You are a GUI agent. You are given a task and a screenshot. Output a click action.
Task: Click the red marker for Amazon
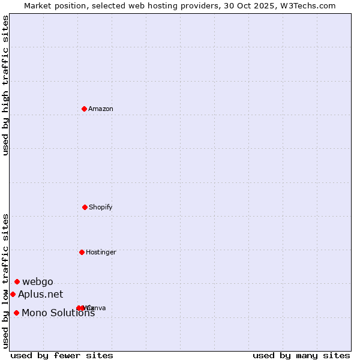pyautogui.click(x=84, y=109)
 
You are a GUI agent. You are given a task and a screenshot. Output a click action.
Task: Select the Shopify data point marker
pyautogui.click(x=85, y=207)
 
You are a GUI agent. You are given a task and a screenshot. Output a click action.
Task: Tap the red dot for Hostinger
pyautogui.click(x=82, y=252)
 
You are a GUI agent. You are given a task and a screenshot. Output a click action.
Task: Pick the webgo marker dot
pyautogui.click(x=17, y=281)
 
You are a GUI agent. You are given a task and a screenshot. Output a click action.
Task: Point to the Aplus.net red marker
pyautogui.click(x=13, y=294)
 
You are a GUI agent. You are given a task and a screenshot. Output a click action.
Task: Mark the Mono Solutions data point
pyautogui.click(x=16, y=313)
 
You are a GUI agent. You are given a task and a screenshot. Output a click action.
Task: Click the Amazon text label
pyautogui.click(x=101, y=109)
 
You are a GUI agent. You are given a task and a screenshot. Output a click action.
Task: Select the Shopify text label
pyautogui.click(x=101, y=208)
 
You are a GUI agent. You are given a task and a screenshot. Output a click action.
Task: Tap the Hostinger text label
pyautogui.click(x=101, y=253)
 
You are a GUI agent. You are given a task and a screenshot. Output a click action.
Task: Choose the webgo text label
pyautogui.click(x=38, y=282)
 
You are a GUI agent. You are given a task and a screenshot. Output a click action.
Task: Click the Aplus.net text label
pyautogui.click(x=40, y=294)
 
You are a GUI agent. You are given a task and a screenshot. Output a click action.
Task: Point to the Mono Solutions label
pyautogui.click(x=58, y=313)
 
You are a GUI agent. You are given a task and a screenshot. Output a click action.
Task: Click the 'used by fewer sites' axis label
pyautogui.click(x=62, y=356)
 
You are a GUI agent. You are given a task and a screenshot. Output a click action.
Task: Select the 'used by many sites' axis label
pyautogui.click(x=301, y=356)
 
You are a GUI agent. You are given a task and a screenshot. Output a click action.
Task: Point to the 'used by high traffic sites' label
pyautogui.click(x=6, y=85)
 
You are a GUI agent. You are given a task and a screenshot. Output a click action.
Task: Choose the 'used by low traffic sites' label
pyautogui.click(x=6, y=280)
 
